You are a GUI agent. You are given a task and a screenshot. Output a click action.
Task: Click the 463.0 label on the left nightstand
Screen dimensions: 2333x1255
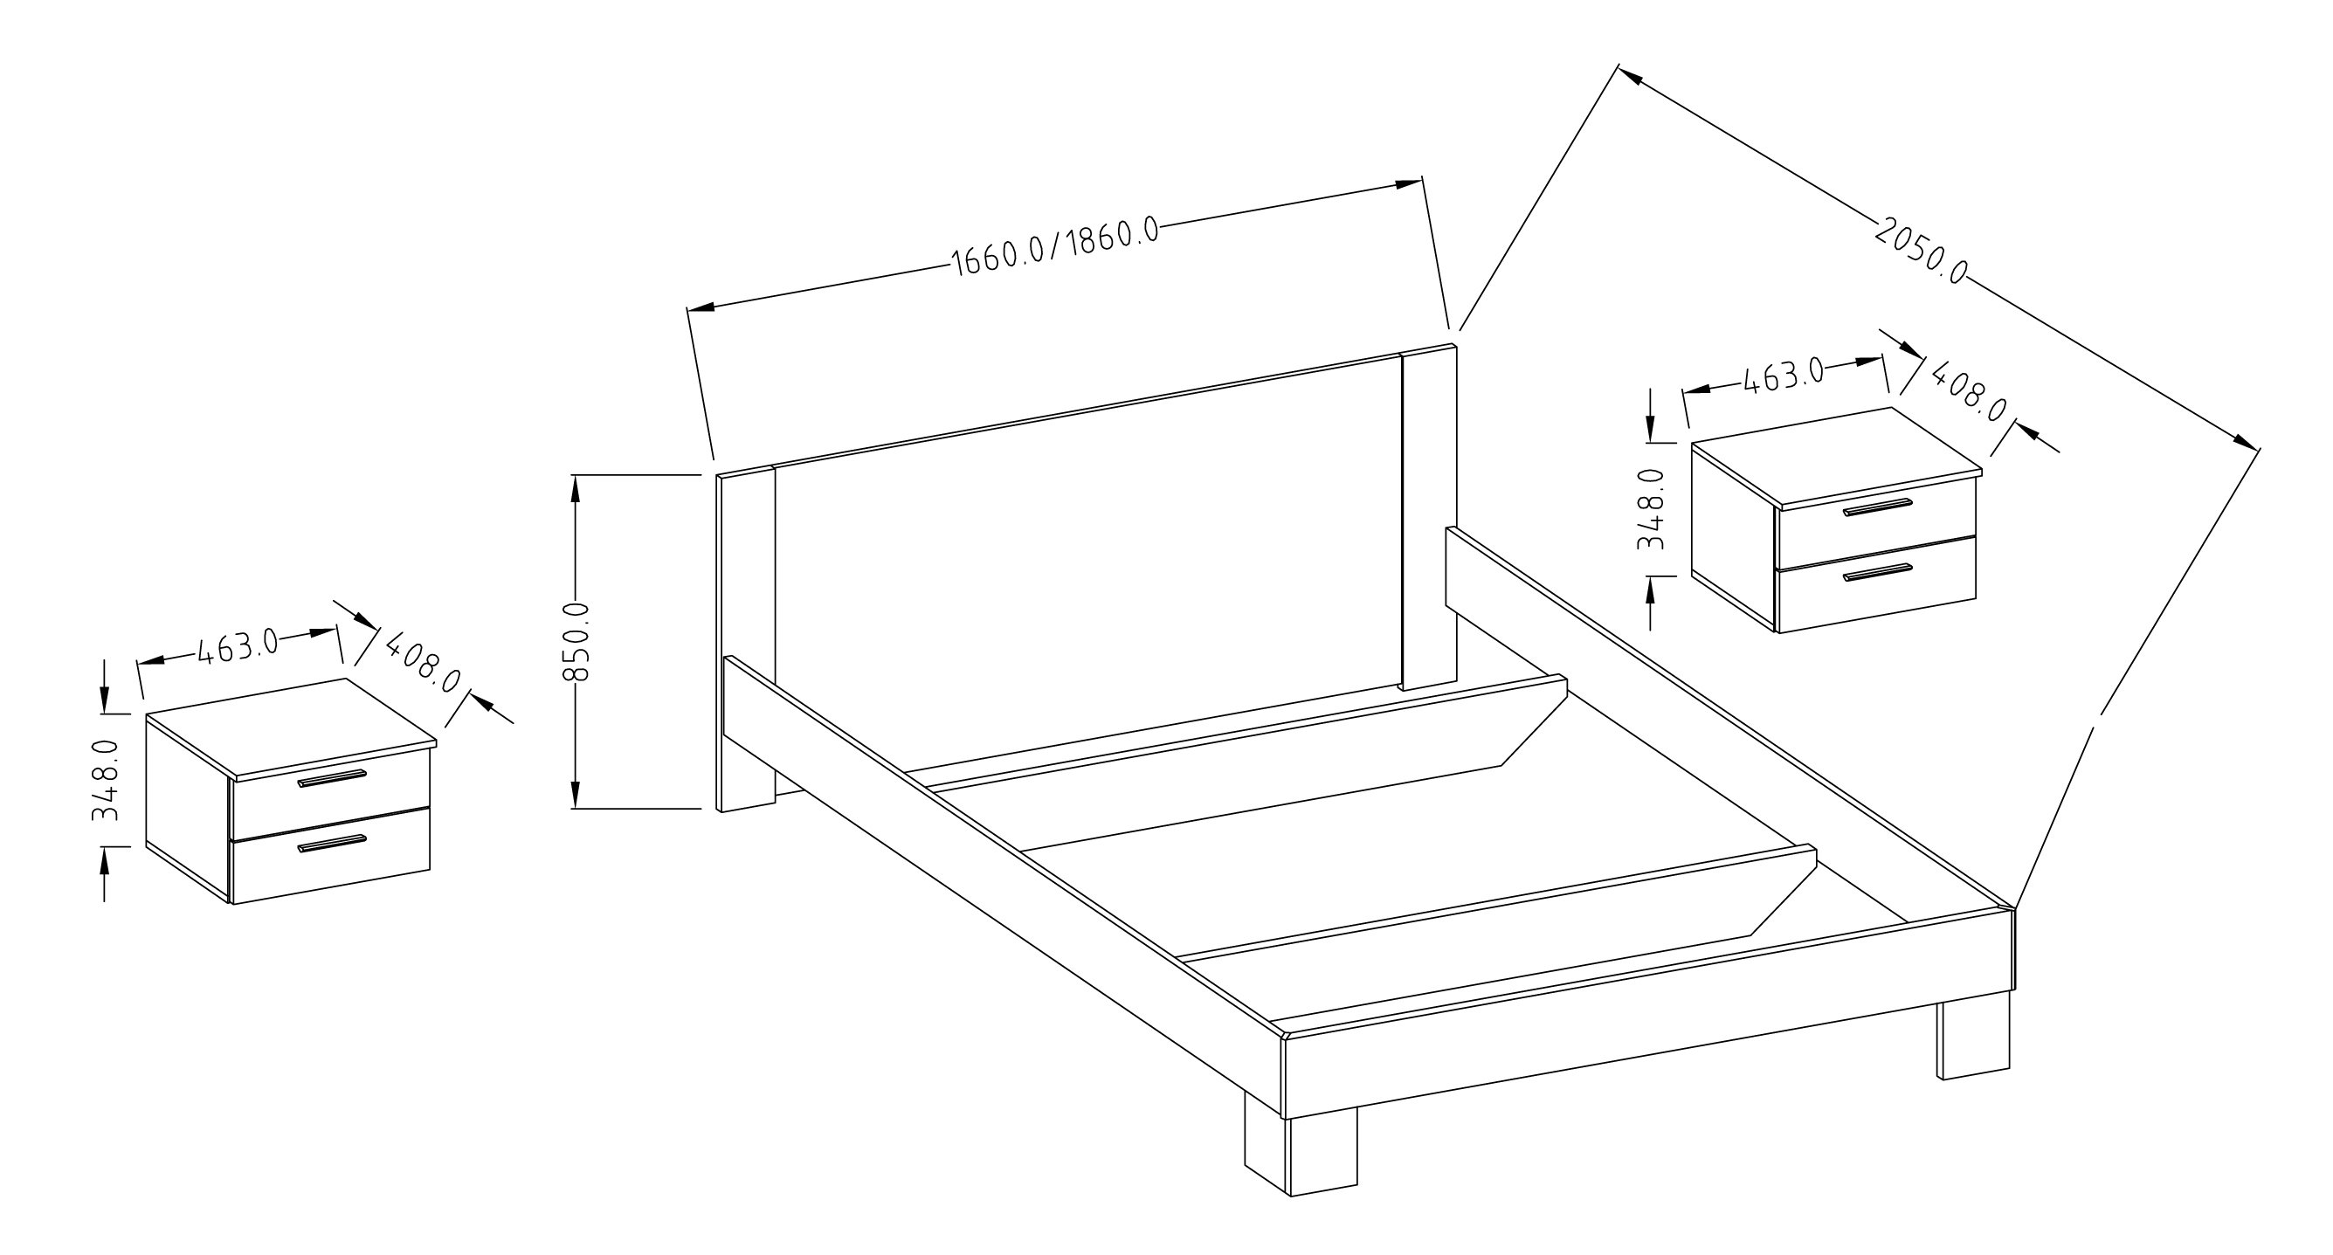point(238,646)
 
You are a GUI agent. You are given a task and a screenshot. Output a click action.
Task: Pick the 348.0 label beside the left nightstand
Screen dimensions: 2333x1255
point(105,780)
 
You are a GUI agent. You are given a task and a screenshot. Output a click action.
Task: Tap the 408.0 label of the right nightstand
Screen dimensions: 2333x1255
point(1969,391)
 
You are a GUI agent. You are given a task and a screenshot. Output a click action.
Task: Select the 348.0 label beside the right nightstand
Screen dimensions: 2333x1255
point(1651,508)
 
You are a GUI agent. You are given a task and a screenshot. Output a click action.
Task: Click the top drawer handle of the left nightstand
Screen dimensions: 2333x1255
point(331,778)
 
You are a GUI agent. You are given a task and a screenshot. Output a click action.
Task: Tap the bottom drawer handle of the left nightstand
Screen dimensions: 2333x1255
point(331,844)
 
